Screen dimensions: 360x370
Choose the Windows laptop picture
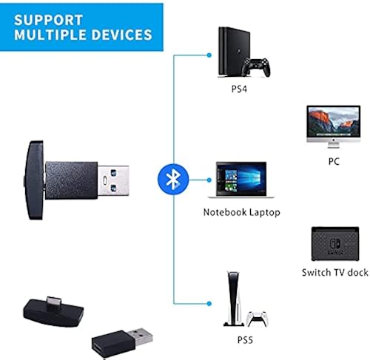(x=238, y=180)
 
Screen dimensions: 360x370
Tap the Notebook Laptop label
(x=241, y=213)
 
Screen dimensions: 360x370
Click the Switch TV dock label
(x=334, y=273)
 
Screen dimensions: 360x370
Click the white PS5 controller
(x=256, y=318)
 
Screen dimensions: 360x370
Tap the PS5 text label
(x=238, y=342)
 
